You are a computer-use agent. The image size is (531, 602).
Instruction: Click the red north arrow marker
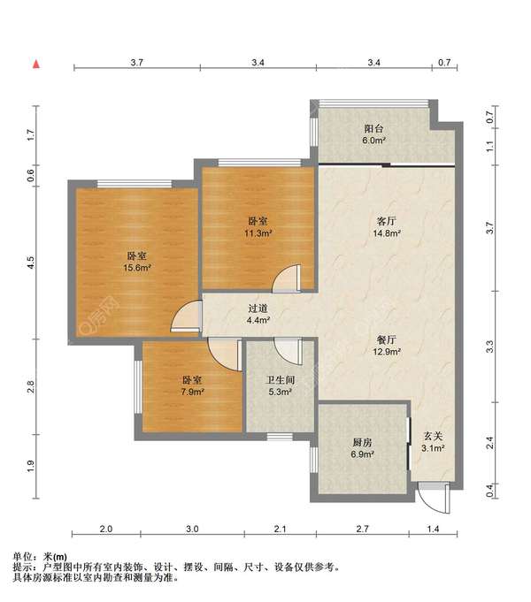(36, 65)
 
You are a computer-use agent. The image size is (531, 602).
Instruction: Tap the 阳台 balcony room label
(373, 129)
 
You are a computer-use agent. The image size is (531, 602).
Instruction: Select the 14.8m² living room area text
(387, 232)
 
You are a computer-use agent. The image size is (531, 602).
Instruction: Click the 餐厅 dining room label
(387, 339)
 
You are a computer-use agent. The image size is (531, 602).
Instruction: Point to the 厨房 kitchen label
(362, 443)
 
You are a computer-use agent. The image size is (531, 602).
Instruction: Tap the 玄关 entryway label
(434, 436)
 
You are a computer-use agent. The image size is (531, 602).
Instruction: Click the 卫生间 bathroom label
(281, 380)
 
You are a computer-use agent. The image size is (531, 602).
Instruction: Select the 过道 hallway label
(258, 309)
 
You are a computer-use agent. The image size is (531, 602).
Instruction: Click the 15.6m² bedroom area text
(137, 268)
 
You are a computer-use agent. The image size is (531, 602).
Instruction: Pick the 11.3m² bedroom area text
(258, 233)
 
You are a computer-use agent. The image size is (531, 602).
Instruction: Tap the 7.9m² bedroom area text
(192, 392)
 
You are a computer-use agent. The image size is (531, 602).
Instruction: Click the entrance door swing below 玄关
(435, 499)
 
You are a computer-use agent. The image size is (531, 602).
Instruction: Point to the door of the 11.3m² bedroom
(287, 278)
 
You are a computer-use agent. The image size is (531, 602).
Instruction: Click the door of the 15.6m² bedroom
(187, 316)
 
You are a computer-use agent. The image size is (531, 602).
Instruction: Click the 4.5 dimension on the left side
(31, 263)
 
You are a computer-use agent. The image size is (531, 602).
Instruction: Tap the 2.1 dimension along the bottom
(280, 529)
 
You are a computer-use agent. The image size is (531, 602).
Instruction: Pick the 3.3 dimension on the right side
(489, 347)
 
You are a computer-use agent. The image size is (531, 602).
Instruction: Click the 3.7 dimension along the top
(137, 63)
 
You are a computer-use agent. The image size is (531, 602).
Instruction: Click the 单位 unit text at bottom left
(22, 556)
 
